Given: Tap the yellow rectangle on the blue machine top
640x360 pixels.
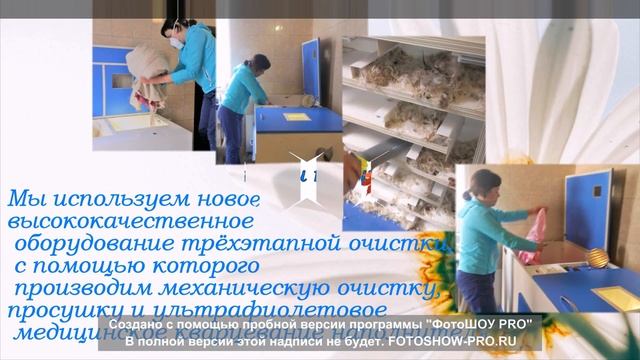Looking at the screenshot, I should tap(297, 117).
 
